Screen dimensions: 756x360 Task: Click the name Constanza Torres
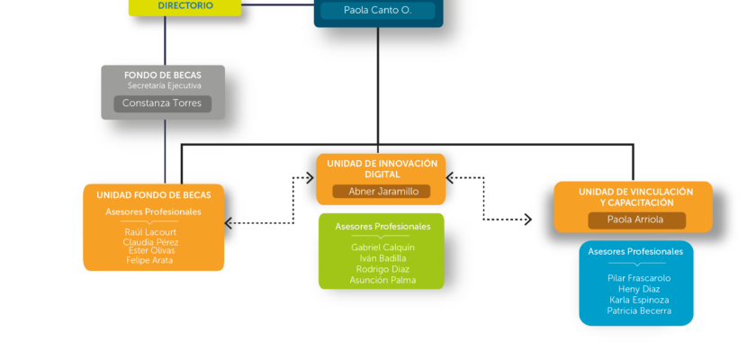(162, 103)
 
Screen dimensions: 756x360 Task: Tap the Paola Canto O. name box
(377, 10)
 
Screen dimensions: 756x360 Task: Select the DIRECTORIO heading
(185, 5)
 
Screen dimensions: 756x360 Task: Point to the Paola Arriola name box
(636, 220)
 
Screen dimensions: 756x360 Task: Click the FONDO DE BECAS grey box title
(163, 76)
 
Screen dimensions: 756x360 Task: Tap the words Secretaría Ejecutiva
(165, 85)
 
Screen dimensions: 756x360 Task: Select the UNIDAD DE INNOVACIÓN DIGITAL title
(382, 168)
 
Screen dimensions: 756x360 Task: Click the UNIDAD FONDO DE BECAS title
(154, 195)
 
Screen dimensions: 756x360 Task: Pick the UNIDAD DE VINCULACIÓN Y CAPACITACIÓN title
(636, 197)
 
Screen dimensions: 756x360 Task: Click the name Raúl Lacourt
(150, 232)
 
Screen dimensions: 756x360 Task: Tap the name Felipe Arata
(149, 260)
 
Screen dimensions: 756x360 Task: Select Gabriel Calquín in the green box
(382, 247)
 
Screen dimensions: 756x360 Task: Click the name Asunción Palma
(382, 280)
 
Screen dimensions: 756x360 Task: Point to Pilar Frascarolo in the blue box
(639, 278)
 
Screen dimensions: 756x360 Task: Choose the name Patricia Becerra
(639, 310)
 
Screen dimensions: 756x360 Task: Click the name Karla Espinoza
(639, 300)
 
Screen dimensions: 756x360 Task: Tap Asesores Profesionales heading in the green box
(382, 227)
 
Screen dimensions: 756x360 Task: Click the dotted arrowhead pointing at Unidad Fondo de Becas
(229, 223)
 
